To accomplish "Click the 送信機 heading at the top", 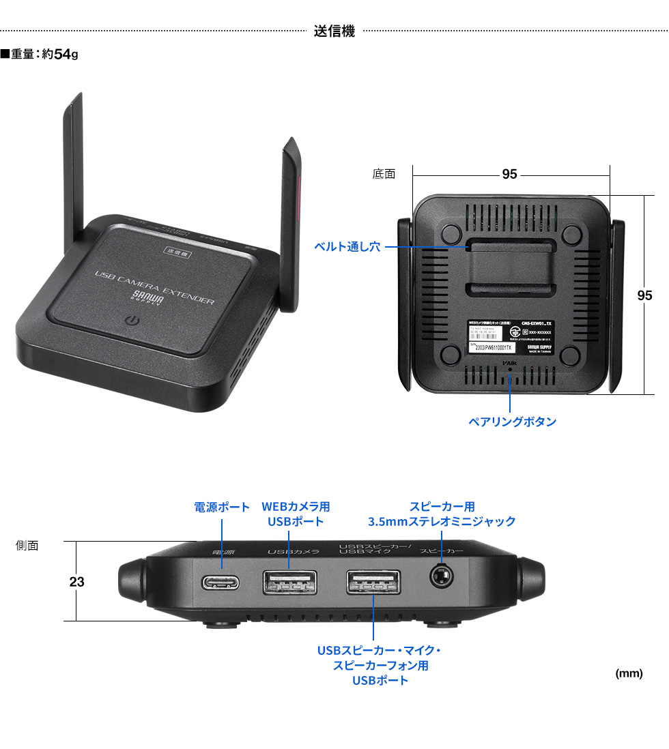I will [334, 31].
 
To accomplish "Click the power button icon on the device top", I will [133, 320].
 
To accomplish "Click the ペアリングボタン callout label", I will [511, 422].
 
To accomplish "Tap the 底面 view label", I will [384, 175].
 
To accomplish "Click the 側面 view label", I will [27, 545].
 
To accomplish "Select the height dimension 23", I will [76, 582].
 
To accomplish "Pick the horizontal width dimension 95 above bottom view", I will [509, 175].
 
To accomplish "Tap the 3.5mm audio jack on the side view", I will [442, 578].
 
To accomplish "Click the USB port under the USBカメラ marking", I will [289, 583].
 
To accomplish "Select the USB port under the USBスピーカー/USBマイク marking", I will [373, 583].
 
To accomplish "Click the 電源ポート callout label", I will [222, 508].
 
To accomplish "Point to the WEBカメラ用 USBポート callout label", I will [295, 514].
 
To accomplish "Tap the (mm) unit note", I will [629, 674].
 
